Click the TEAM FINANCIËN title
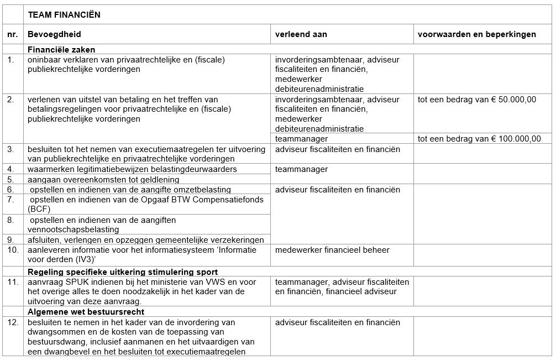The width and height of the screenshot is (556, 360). click(x=64, y=15)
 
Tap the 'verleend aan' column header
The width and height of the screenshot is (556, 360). click(x=301, y=34)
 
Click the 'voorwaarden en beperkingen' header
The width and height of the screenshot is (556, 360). click(x=476, y=34)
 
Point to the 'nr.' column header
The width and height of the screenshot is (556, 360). click(x=12, y=34)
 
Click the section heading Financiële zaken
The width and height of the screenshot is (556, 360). click(x=61, y=50)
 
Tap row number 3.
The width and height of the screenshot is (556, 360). click(x=11, y=149)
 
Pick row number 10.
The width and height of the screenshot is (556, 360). click(x=13, y=250)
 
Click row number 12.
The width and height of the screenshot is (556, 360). click(x=13, y=322)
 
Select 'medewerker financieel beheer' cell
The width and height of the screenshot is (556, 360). click(x=332, y=250)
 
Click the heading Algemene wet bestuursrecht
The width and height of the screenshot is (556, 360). click(x=82, y=312)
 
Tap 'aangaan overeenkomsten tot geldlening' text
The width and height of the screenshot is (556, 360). click(x=103, y=179)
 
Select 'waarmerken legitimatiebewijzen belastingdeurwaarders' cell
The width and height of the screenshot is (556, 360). click(x=132, y=169)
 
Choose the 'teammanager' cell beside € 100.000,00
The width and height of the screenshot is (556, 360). click(x=301, y=139)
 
